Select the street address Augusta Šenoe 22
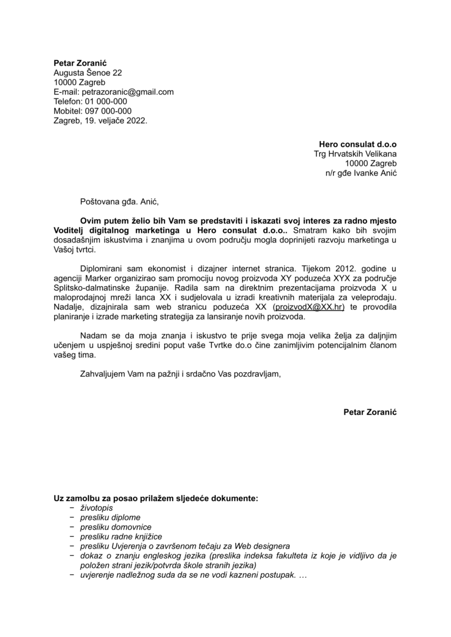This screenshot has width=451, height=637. coord(87,73)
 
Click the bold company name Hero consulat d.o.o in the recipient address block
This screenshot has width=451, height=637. coord(358,144)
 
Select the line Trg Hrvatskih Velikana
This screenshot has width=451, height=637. coord(355,154)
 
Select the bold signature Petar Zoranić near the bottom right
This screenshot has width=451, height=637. coord(370,413)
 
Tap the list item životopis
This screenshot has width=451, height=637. coord(96,508)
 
